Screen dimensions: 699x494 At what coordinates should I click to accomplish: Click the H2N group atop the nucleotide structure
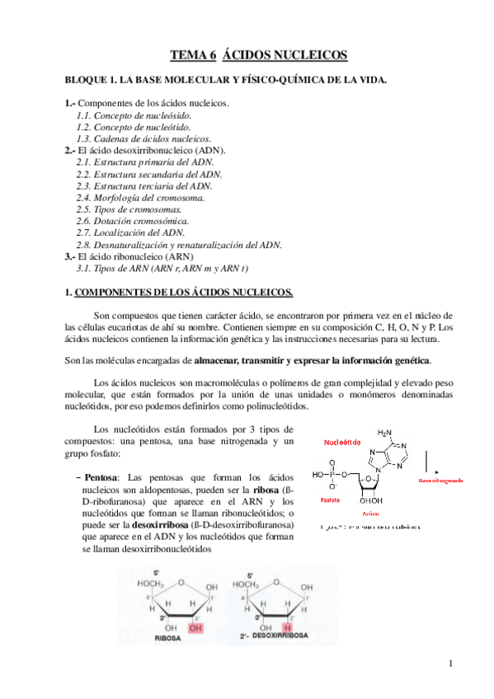(385, 431)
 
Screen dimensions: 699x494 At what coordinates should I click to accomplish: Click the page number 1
(451, 664)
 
